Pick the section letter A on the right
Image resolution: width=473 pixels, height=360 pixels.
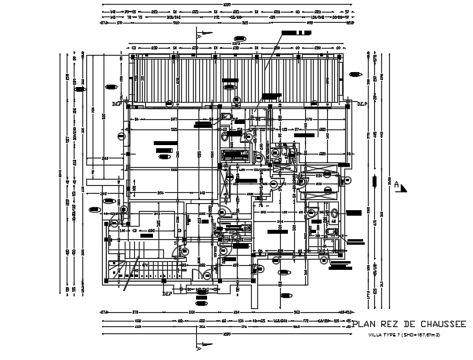click(397, 185)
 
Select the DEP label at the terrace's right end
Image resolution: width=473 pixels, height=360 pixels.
click(362, 104)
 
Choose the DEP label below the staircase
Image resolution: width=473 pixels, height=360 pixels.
click(166, 294)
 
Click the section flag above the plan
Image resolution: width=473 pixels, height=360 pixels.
click(206, 35)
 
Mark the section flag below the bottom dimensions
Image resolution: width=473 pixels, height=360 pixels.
click(206, 342)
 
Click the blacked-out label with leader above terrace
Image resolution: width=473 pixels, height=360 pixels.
click(297, 34)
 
